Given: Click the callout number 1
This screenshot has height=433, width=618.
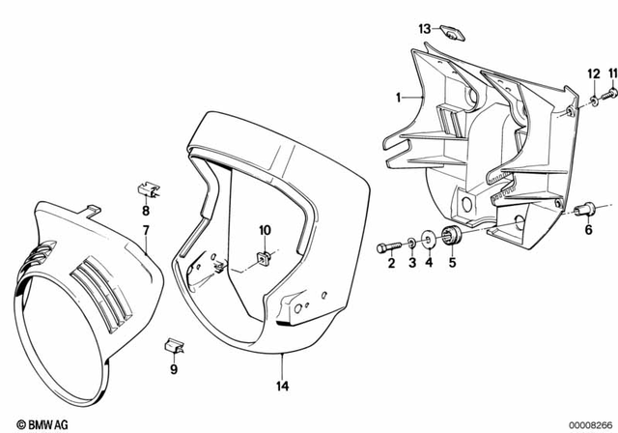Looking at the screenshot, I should coord(397,98).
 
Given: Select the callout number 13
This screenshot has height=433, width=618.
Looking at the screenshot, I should coord(424,30).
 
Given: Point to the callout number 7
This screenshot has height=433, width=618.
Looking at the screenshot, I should coord(146,230).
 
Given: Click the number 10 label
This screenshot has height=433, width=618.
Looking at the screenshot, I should coord(266,230).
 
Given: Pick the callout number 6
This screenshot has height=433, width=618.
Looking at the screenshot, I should coord(585,229).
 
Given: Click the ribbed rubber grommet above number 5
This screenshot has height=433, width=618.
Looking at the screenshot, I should coord(451,237).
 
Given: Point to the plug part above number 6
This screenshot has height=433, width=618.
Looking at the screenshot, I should coord(585,207).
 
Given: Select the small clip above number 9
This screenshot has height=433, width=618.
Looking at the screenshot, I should coord(174,344).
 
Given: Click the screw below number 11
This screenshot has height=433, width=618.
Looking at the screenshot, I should coord(611,94).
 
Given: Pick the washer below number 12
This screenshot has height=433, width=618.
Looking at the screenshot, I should coord(592,101).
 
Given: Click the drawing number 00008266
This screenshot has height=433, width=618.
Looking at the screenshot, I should coord(584,423).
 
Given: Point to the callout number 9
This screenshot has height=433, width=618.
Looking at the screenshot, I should coord(174,368).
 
